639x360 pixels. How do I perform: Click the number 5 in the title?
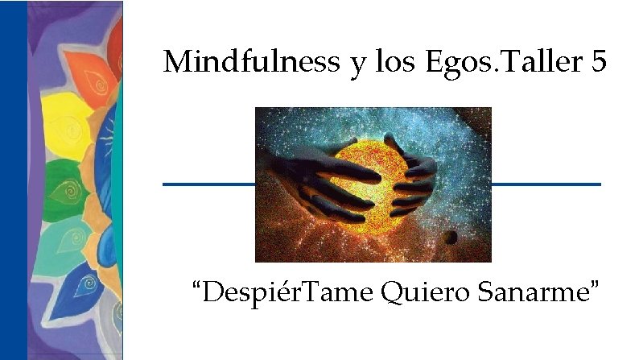click(x=598, y=61)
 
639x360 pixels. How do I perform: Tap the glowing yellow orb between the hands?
click(x=371, y=177)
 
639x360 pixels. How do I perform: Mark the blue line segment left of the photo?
click(x=208, y=184)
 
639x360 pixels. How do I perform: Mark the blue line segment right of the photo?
click(x=546, y=184)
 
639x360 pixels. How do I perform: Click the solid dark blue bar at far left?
click(x=14, y=180)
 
